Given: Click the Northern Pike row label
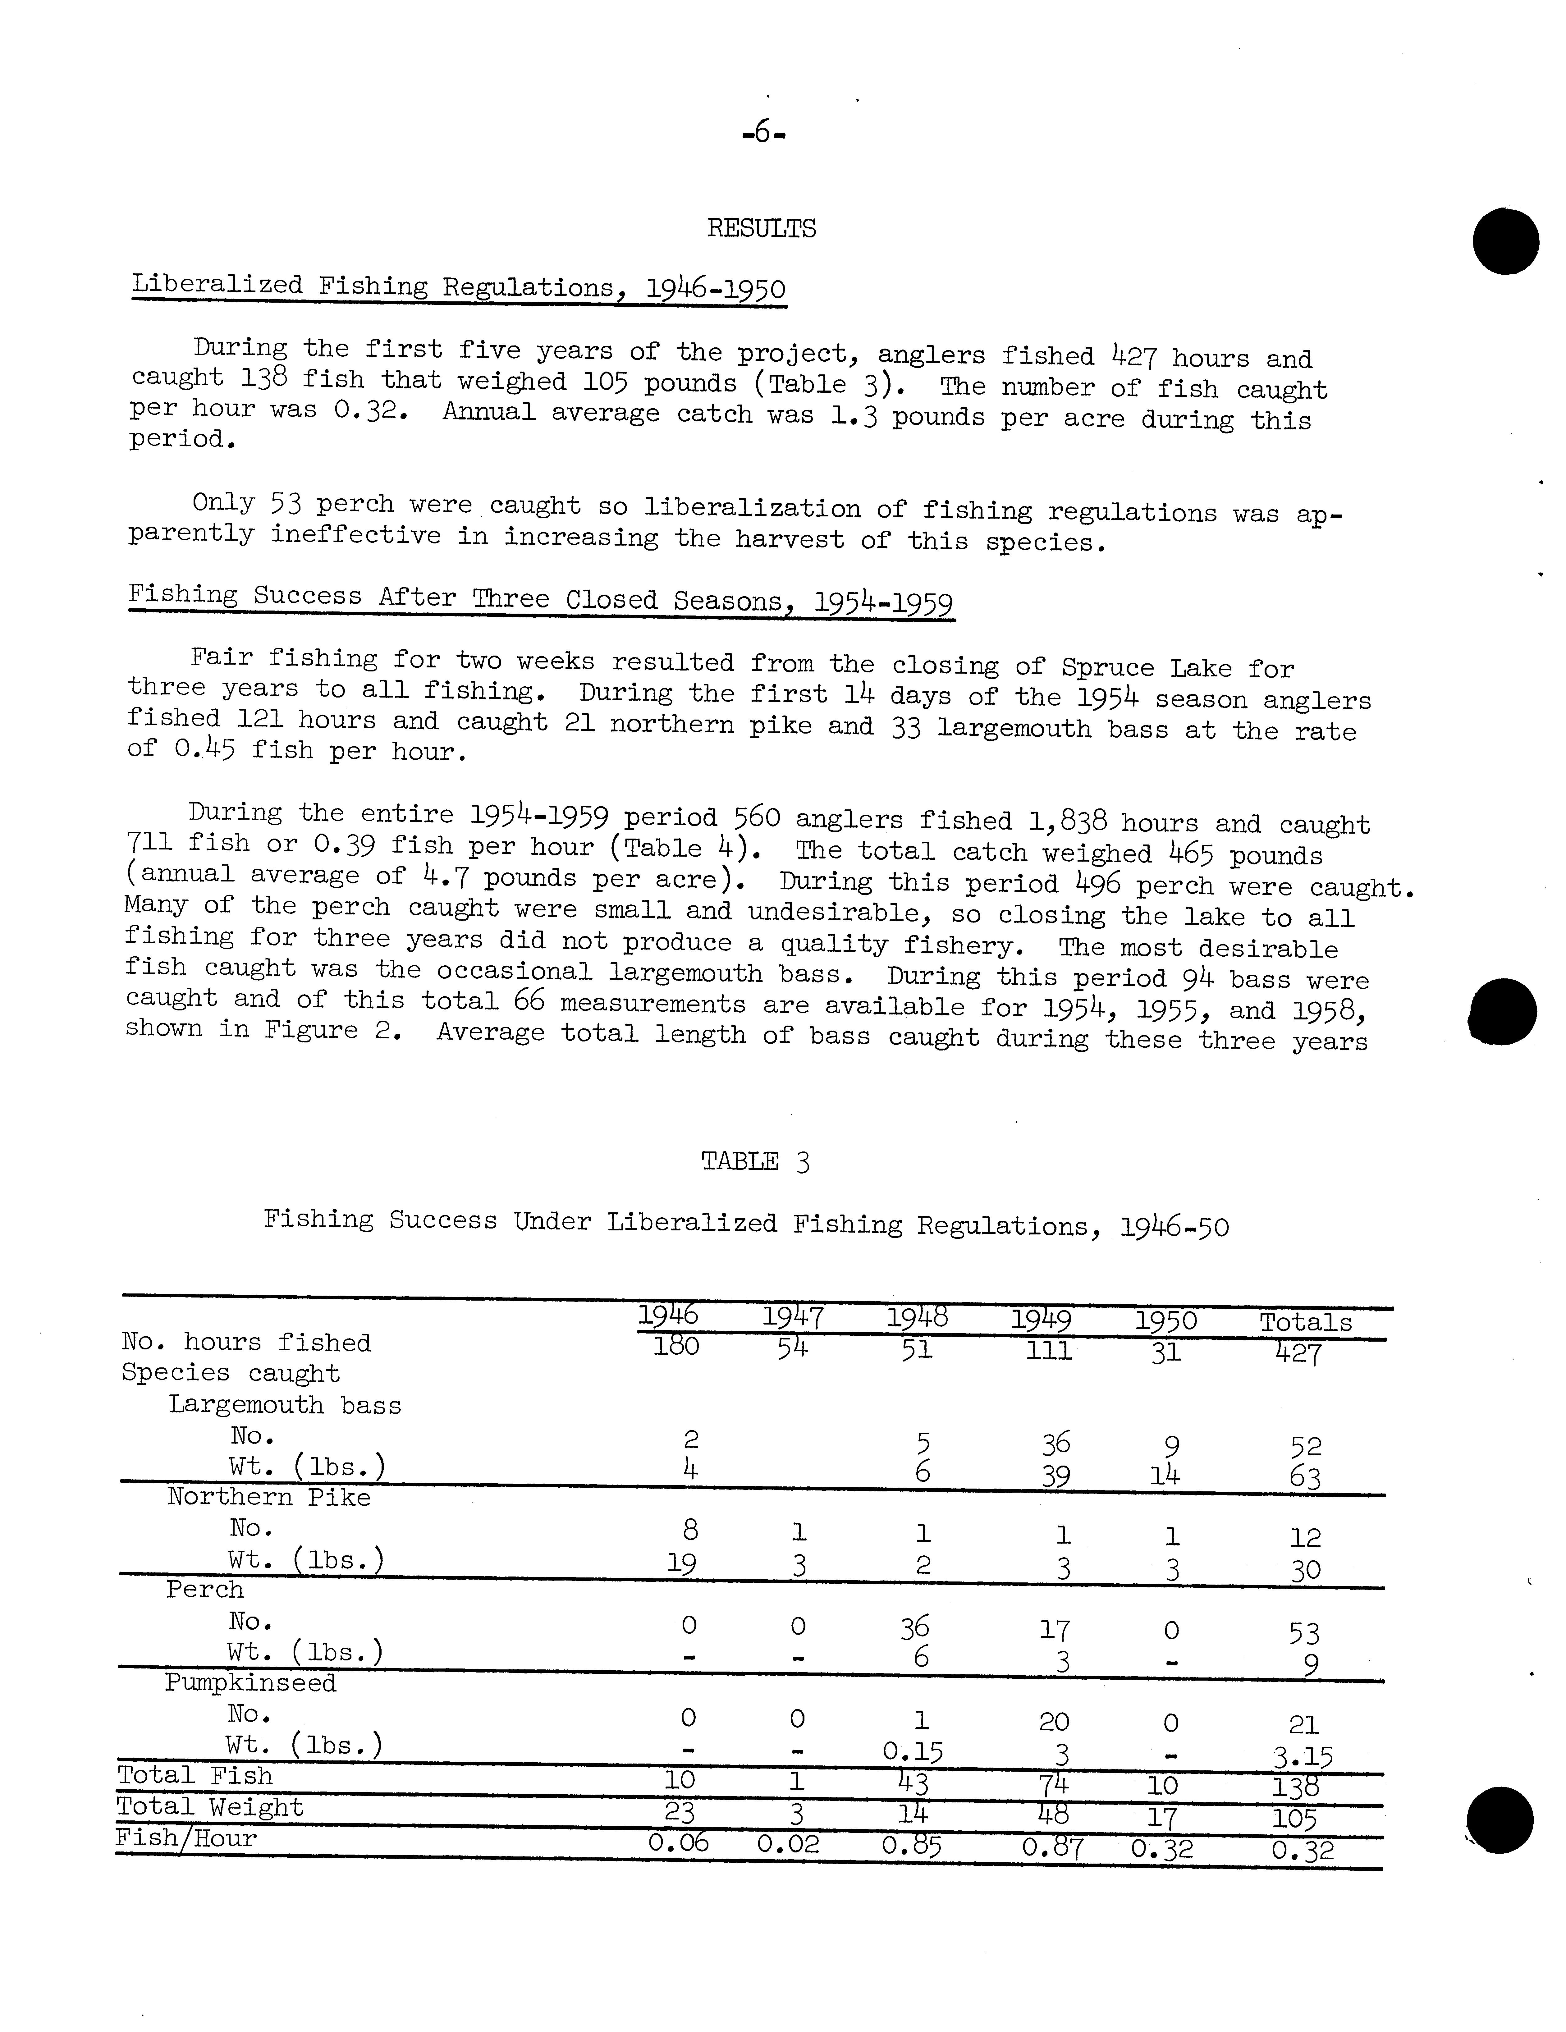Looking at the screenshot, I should [x=269, y=1497].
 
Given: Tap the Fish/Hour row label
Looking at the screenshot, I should [x=186, y=1838].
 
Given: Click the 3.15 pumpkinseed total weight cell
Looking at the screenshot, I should [x=1303, y=1757].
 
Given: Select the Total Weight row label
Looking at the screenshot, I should [x=210, y=1807].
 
